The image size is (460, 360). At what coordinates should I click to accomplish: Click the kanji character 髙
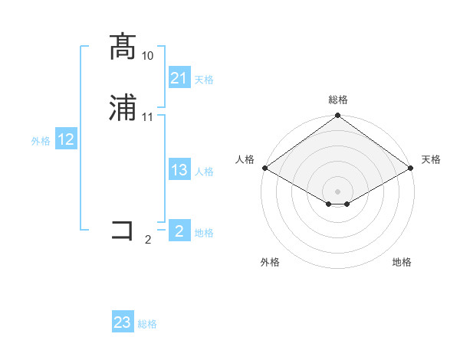[x=123, y=47]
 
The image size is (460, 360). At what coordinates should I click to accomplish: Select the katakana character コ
[x=123, y=231]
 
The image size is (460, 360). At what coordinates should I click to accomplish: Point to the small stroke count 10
[x=148, y=56]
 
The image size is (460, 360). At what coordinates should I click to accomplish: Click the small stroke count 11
[x=148, y=117]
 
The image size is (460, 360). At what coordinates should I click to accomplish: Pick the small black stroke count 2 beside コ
[x=148, y=240]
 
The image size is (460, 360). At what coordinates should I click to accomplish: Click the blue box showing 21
[x=179, y=78]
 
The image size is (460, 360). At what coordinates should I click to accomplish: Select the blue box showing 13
[x=179, y=171]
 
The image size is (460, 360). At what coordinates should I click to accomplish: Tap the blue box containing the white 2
[x=179, y=231]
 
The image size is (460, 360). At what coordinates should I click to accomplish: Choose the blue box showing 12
[x=66, y=139]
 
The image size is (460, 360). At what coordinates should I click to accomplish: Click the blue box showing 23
[x=123, y=322]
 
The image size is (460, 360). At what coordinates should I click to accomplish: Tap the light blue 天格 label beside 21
[x=204, y=80]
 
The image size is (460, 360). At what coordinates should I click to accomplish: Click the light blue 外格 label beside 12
[x=41, y=141]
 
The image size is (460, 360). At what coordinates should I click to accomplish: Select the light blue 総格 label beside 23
[x=147, y=324]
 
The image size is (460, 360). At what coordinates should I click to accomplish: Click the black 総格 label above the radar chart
[x=338, y=100]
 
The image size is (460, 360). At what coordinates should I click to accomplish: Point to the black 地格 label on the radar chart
[x=402, y=262]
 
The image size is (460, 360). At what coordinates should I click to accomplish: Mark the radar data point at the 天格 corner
[x=412, y=169]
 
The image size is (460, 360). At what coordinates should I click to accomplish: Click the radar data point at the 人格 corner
[x=264, y=169]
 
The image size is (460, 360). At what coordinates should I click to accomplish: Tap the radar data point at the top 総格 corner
[x=338, y=116]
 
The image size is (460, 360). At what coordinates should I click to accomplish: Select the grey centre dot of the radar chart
[x=338, y=191]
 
